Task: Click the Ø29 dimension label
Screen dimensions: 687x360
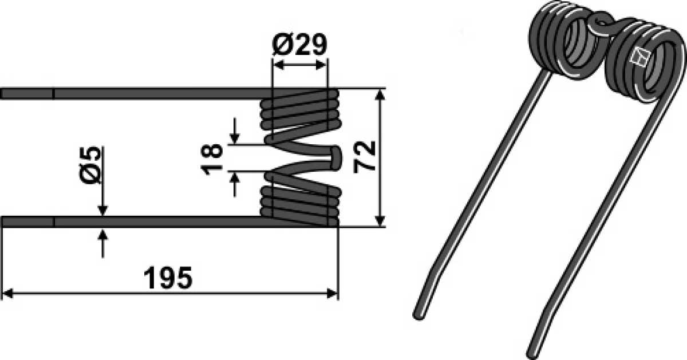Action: click(299, 45)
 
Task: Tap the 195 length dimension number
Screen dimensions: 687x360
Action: click(168, 278)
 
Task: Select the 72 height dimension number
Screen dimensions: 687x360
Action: click(364, 157)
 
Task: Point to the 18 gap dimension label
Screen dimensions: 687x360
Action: click(212, 159)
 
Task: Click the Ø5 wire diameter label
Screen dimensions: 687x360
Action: click(90, 165)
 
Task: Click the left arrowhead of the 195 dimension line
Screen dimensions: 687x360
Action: click(7, 294)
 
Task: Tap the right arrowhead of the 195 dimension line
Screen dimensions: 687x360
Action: click(332, 294)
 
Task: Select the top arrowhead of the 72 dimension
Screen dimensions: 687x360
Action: click(380, 95)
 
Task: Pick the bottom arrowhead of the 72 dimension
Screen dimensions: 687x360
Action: click(380, 221)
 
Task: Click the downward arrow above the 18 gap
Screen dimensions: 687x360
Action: click(235, 131)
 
